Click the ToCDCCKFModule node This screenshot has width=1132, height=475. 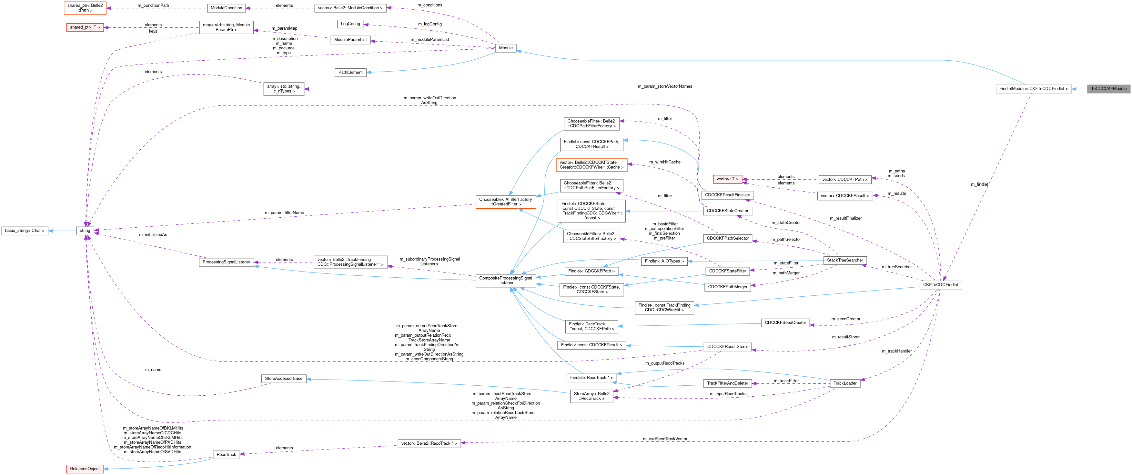[1108, 89]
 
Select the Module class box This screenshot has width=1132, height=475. [506, 48]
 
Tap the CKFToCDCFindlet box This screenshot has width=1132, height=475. [940, 285]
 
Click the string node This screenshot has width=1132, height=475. [85, 231]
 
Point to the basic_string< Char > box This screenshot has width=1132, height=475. [25, 231]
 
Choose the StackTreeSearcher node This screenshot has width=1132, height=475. [844, 260]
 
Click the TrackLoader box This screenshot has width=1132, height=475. [844, 383]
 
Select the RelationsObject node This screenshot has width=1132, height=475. [85, 469]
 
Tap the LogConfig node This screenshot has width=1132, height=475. [350, 24]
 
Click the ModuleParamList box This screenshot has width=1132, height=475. [350, 40]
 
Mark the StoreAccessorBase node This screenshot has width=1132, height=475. [283, 378]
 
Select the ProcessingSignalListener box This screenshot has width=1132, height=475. [226, 262]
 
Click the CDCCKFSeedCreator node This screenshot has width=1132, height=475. [785, 323]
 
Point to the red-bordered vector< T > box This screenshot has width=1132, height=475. [727, 179]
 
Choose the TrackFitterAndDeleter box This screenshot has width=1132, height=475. [727, 383]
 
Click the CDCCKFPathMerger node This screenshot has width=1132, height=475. [727, 287]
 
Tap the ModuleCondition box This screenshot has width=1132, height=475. [226, 8]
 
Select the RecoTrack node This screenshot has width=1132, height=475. [226, 455]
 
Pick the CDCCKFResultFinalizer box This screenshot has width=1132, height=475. [727, 195]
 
